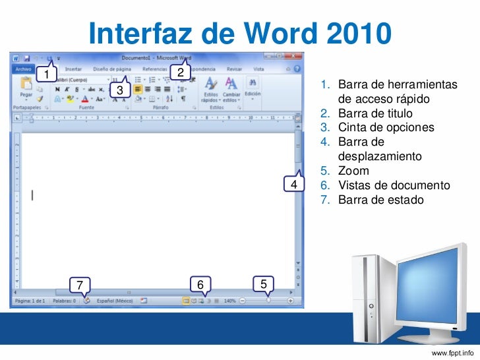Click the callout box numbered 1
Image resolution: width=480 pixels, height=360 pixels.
(x=46, y=73)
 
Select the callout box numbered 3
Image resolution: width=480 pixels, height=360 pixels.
(x=120, y=89)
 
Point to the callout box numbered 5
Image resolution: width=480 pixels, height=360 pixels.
(x=263, y=284)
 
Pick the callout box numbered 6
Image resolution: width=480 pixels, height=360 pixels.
(x=200, y=284)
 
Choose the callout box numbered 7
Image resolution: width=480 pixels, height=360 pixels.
(x=80, y=285)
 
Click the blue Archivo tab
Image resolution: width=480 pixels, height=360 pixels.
(x=24, y=68)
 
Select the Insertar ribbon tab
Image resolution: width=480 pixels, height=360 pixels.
(x=73, y=69)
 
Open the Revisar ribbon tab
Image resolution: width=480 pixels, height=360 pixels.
(x=234, y=69)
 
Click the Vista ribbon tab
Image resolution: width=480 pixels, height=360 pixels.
(x=259, y=69)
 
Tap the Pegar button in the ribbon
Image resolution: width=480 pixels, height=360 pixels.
(x=26, y=88)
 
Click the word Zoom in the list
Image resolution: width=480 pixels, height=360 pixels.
(x=353, y=171)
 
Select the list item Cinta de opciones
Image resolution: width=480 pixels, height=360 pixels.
(x=386, y=127)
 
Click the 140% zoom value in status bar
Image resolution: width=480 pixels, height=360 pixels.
(x=229, y=301)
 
